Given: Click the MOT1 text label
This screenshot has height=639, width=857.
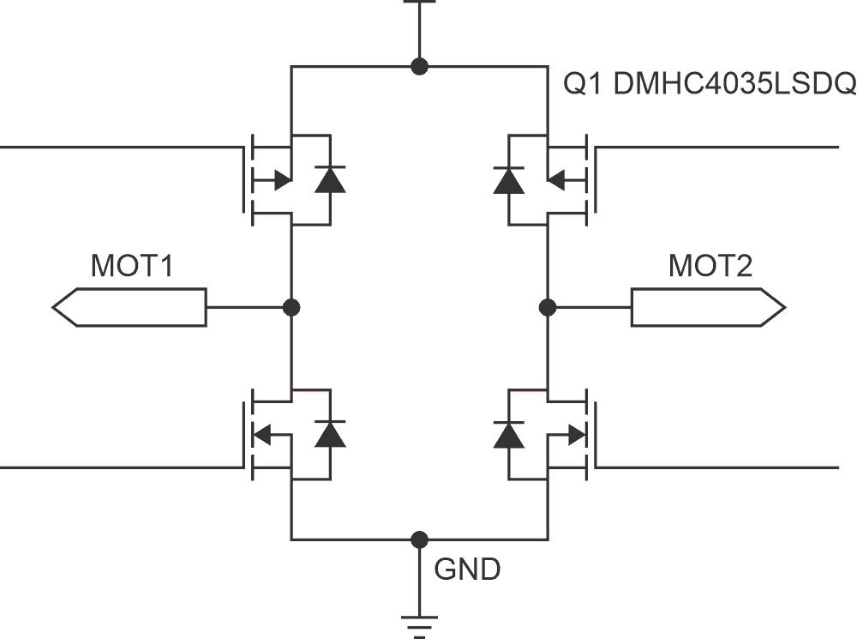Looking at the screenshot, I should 132,267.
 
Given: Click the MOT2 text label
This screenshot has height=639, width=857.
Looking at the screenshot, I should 710,267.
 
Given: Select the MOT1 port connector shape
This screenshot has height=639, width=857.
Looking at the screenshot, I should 129,307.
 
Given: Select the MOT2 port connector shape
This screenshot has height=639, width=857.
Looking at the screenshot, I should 708,307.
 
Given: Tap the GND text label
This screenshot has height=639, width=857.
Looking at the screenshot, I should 467,569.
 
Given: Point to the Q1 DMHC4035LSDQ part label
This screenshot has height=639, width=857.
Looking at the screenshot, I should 708,84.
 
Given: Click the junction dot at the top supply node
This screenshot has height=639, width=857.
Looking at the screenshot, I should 419,66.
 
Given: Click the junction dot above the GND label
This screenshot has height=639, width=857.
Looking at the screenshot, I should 419,540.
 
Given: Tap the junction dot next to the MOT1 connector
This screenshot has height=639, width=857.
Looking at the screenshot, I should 291,307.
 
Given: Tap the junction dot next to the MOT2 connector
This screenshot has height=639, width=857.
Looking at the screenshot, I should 547,307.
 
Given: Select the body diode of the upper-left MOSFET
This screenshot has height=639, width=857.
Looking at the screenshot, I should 330,180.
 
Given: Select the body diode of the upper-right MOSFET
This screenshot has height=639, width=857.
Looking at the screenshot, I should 509,180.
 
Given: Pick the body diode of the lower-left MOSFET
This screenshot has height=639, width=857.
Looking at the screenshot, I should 330,434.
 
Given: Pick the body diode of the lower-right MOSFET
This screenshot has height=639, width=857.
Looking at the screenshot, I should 509,434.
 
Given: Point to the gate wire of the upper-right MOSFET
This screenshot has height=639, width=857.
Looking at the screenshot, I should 720,148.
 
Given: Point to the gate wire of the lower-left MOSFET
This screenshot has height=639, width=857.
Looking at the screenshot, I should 120,467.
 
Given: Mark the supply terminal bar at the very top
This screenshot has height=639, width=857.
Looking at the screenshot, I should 419,3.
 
